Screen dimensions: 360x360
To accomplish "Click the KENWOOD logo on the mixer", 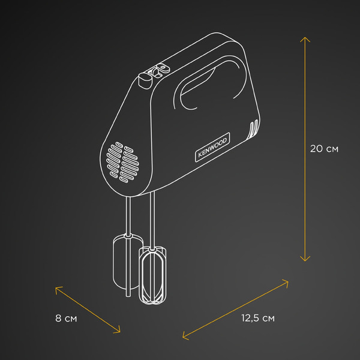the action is pos(212,147).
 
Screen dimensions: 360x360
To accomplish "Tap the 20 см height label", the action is pos(324,149).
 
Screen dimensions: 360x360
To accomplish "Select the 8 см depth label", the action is pos(66,318).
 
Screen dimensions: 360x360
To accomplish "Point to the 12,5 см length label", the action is pos(258,318).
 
